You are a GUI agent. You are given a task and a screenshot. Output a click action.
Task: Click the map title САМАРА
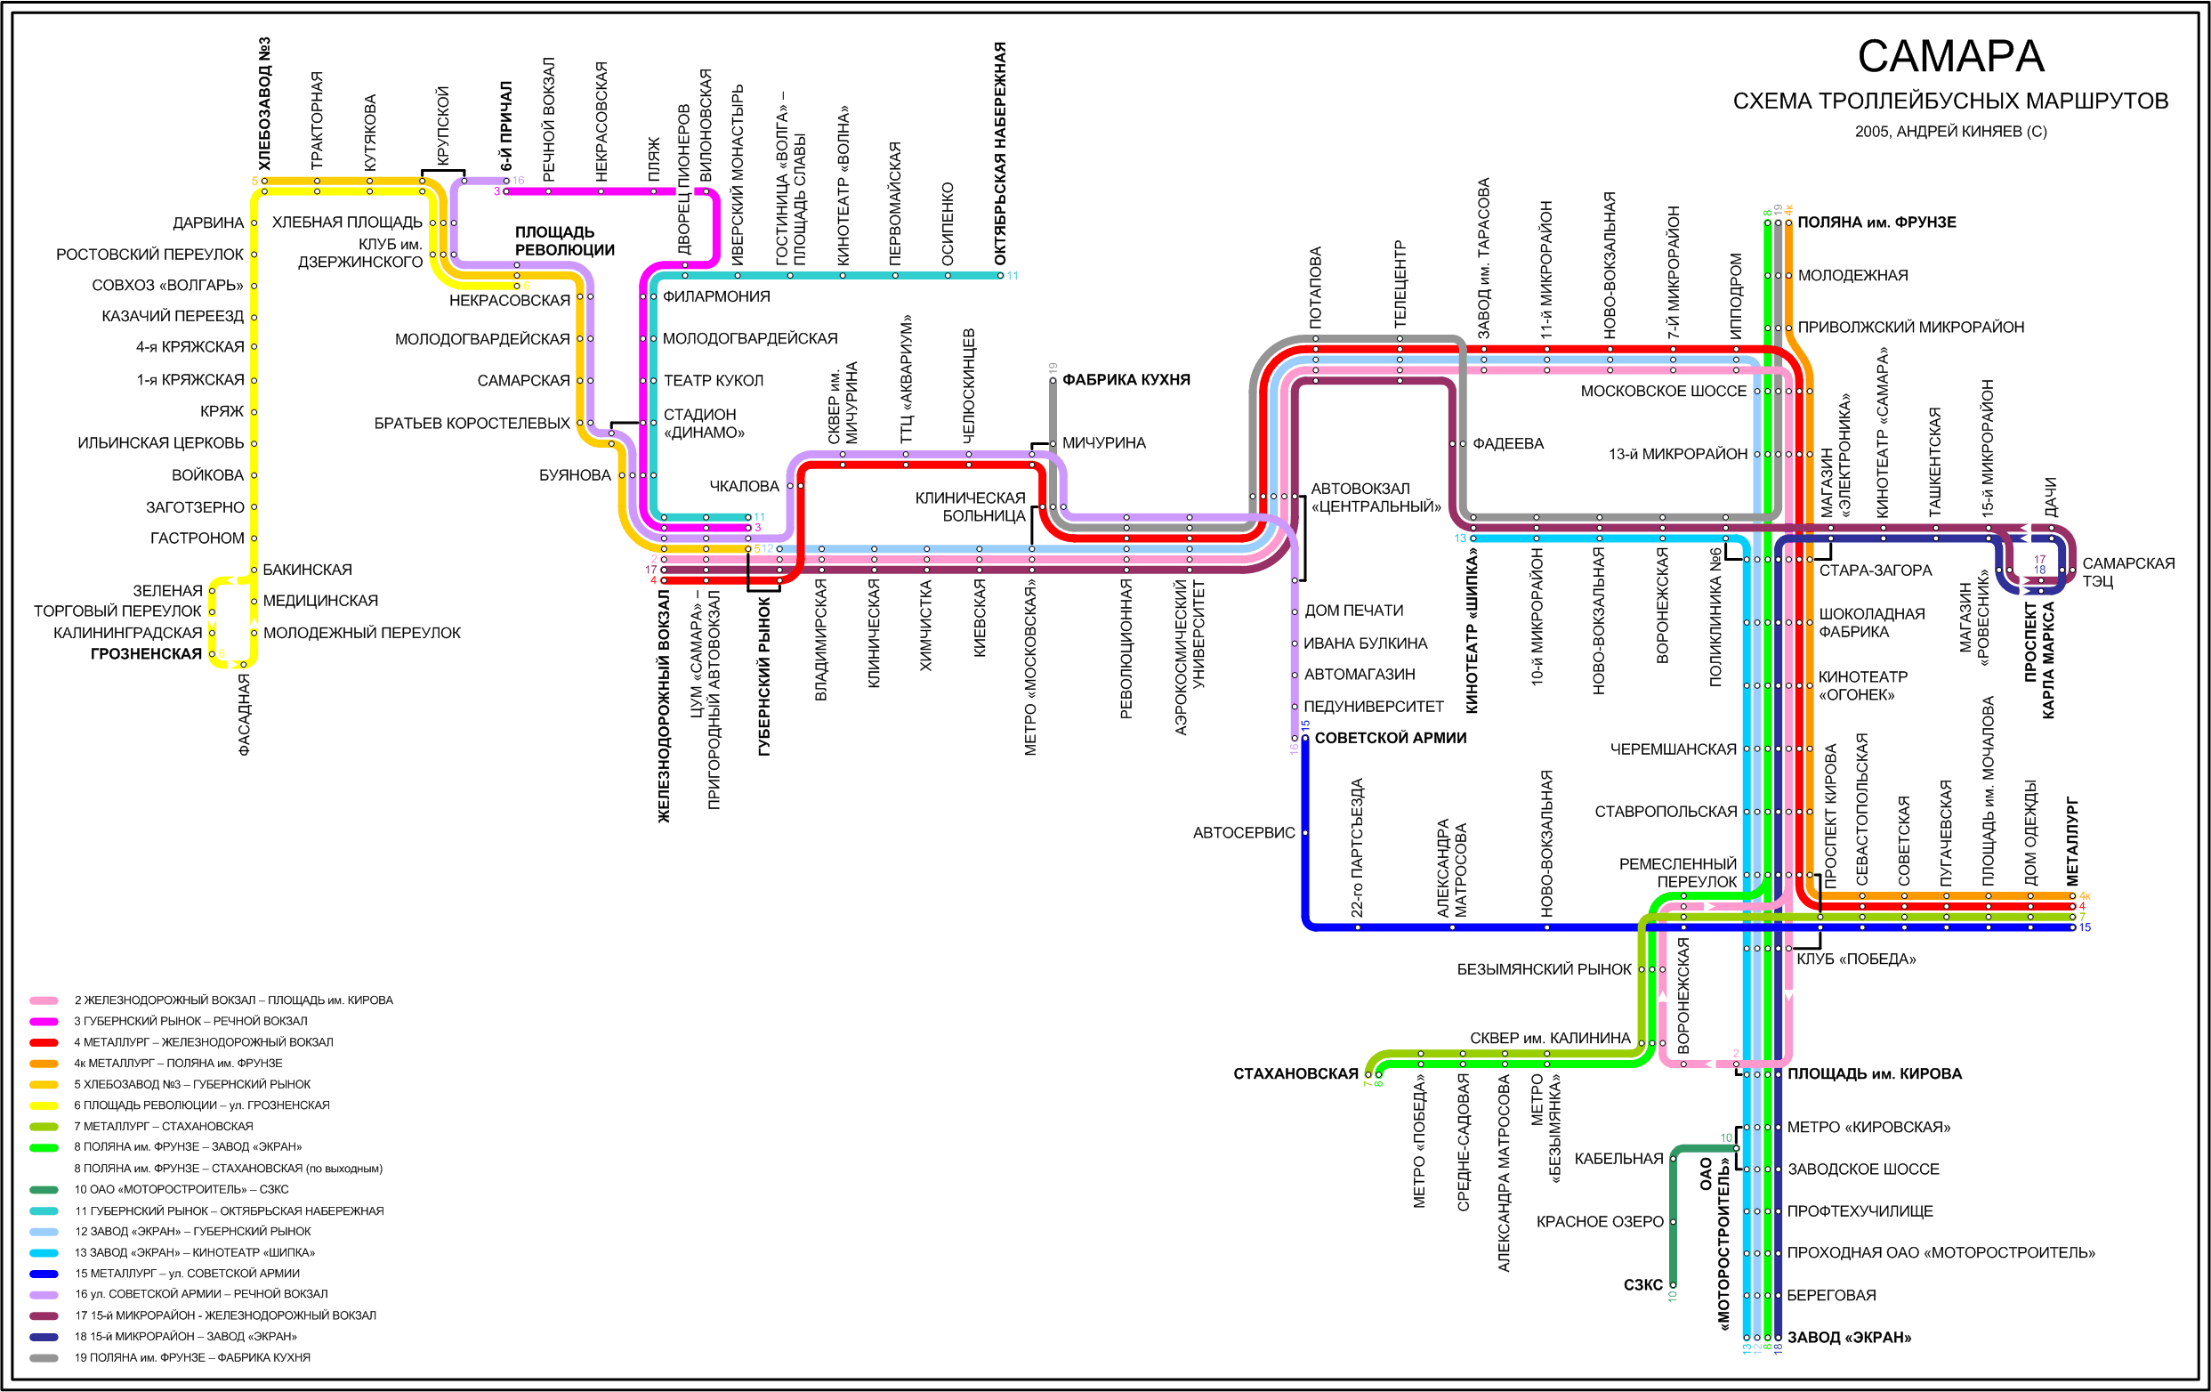tap(1950, 57)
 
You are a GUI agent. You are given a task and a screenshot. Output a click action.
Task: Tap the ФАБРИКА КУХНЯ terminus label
tap(1126, 379)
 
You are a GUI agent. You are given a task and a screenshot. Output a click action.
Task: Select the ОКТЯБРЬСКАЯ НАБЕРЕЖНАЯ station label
tap(1000, 153)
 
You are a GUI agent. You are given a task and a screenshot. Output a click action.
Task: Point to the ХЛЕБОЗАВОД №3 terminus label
tap(264, 103)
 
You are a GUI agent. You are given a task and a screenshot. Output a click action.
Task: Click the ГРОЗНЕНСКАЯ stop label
tap(146, 654)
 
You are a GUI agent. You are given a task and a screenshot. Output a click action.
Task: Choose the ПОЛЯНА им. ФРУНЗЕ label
tap(1876, 223)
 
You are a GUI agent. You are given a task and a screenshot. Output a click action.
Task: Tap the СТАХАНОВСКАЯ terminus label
tap(1295, 1073)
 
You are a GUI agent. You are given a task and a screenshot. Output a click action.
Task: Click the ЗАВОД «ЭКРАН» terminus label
tap(1848, 1337)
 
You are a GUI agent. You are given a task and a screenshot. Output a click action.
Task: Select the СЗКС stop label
tap(1642, 1284)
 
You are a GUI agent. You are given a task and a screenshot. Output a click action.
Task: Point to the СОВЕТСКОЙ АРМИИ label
tap(1390, 737)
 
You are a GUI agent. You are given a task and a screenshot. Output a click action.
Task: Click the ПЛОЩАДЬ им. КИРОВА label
tap(1874, 1073)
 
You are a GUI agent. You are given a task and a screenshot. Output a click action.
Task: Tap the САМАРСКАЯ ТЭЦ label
tap(2127, 571)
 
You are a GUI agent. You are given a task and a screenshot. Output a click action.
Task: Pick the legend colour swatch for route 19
tap(44, 1357)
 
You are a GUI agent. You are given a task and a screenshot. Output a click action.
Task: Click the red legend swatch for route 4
tap(44, 1042)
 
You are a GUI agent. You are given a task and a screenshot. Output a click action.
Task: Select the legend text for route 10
tap(181, 1189)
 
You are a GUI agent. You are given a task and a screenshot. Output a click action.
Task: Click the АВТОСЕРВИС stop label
tap(1243, 833)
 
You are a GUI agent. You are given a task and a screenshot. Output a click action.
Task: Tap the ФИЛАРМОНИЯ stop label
tap(716, 296)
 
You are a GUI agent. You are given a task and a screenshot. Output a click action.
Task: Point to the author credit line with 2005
tap(1950, 132)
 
